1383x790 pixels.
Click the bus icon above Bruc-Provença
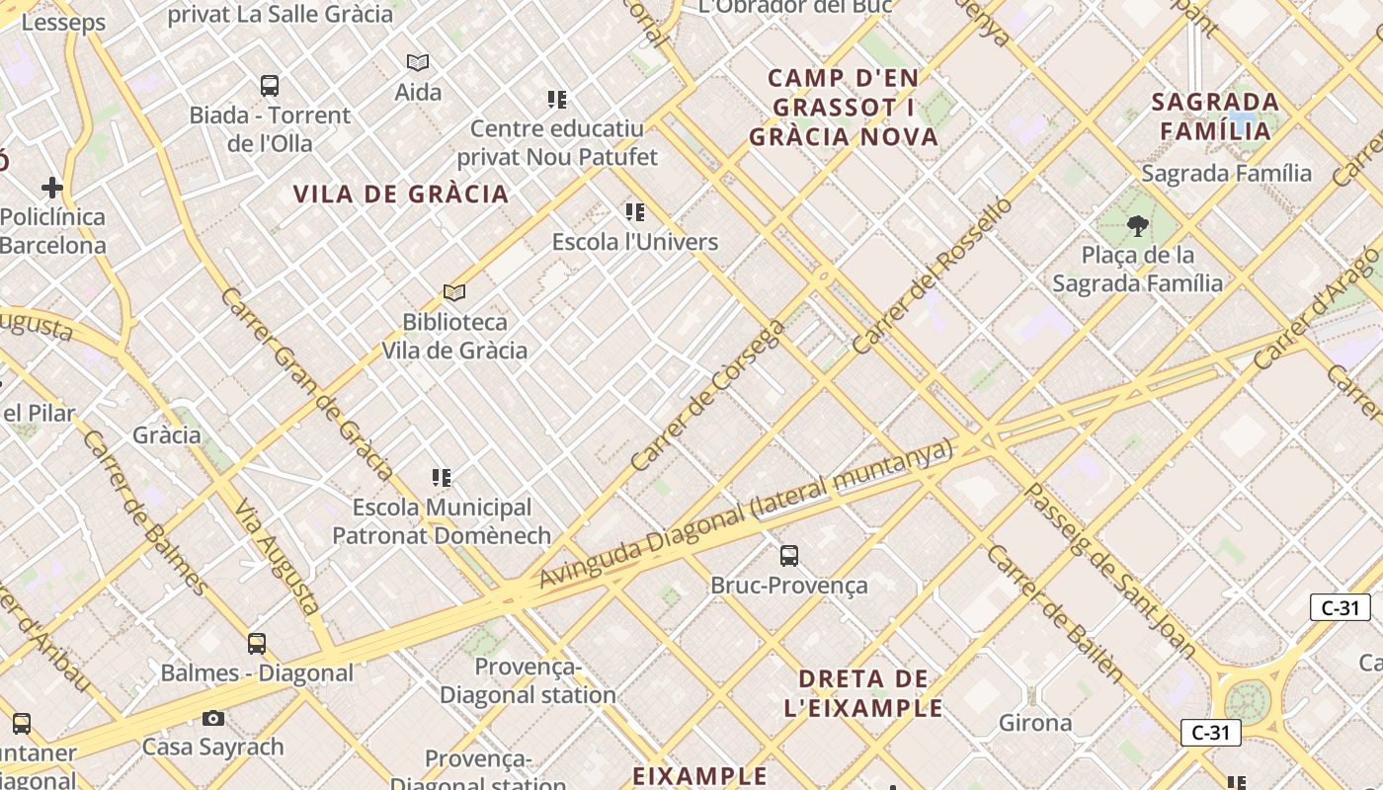[788, 556]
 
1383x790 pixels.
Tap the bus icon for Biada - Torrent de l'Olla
[270, 86]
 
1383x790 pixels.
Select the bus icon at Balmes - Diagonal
[257, 644]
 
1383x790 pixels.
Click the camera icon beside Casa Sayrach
[213, 718]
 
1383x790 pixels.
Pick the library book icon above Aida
[418, 63]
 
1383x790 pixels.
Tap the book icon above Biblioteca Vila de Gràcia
[454, 293]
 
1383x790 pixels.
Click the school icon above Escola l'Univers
[635, 212]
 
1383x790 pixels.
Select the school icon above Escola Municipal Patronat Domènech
[442, 478]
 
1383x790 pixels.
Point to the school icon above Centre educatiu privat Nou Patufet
[557, 100]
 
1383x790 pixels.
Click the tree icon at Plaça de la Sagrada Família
[1137, 226]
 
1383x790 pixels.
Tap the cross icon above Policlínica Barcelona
[52, 188]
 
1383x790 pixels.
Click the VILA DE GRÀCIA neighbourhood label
[401, 195]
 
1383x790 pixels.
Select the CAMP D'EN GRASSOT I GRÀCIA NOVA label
[844, 108]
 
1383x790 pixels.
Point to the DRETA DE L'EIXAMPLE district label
[863, 693]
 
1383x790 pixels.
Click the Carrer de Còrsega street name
[707, 395]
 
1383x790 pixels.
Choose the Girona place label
[1035, 723]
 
